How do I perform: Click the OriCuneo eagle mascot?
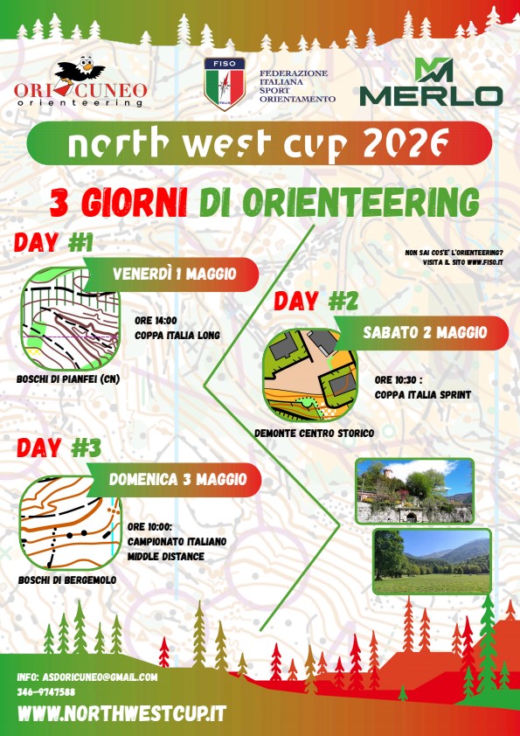coord(80,71)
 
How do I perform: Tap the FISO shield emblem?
coord(225,84)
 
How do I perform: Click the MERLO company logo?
coord(432,81)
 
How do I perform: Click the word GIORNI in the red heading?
coord(134,204)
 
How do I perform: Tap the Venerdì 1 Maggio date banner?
coord(172,274)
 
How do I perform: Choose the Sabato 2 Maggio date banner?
coord(422,333)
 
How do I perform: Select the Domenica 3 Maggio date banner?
coord(174,480)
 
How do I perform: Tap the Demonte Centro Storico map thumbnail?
coord(309,375)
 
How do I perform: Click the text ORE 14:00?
coord(156,321)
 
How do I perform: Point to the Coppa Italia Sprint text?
coord(422,395)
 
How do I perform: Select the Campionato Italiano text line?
coord(177,542)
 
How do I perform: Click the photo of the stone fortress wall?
coord(414,491)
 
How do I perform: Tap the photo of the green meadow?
coord(432,561)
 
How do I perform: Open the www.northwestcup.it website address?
coord(122,713)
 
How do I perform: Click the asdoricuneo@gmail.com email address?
coord(100,677)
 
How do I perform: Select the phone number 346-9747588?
coord(46,692)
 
